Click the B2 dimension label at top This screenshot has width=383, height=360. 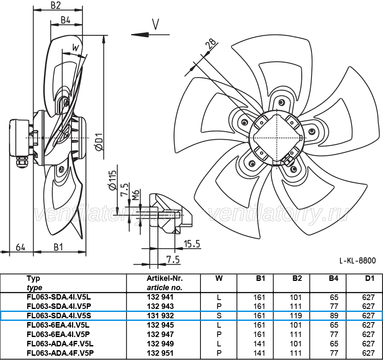[56, 6]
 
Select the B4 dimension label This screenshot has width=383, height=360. [66, 20]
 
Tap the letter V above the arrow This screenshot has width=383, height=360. [156, 24]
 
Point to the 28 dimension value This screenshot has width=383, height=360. [211, 43]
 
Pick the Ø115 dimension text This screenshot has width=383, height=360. [112, 181]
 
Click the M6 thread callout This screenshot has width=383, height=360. [136, 194]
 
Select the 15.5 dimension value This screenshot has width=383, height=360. [192, 244]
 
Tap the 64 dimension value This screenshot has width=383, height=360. [20, 247]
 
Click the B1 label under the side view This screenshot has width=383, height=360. [58, 247]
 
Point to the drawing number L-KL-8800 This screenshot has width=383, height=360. [358, 260]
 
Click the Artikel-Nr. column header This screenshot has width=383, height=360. [165, 278]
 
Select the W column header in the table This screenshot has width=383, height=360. [219, 278]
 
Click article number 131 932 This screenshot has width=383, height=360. [160, 316]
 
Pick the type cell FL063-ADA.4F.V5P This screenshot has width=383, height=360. [60, 353]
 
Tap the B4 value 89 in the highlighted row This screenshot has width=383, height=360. [334, 316]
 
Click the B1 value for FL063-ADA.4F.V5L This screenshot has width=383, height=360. [259, 344]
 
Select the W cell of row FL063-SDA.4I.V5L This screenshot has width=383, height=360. [219, 297]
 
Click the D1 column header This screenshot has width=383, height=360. [369, 278]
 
